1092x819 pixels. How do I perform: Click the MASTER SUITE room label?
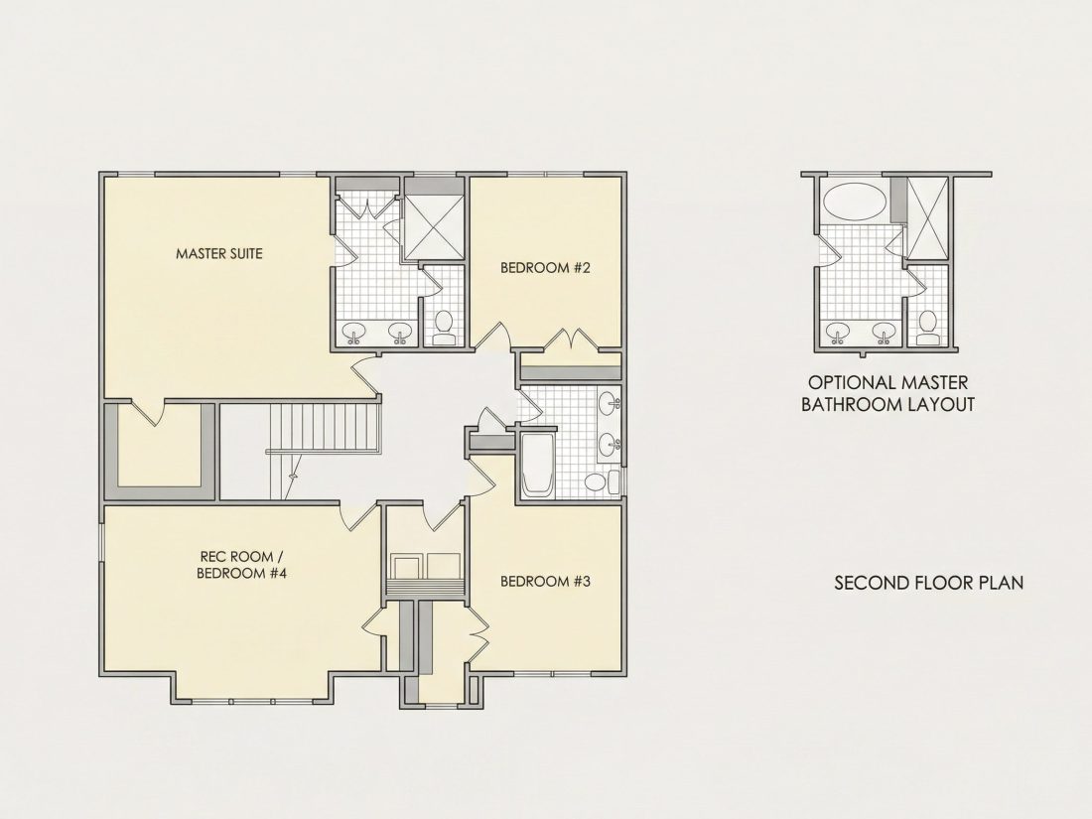point(219,253)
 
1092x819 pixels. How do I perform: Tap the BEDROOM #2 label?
point(545,268)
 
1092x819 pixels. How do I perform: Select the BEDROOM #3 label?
point(545,581)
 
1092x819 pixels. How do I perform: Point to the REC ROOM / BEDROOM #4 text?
point(241,565)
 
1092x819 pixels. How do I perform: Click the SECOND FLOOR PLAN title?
point(929,582)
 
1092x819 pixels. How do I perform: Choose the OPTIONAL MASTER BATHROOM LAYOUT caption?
point(887,393)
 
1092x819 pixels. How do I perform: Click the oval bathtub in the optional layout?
point(855,202)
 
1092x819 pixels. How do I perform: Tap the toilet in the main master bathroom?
point(444,329)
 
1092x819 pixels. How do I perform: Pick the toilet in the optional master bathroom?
point(927,329)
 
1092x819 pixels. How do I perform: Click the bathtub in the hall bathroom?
point(537,466)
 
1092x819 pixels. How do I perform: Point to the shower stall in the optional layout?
point(928,217)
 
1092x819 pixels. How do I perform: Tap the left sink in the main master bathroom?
point(353,332)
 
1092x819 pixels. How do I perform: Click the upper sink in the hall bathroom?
point(609,403)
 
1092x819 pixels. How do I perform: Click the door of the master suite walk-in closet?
point(147,411)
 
